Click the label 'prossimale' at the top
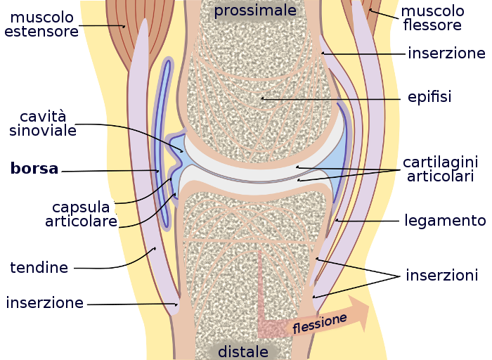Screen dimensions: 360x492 [255, 11]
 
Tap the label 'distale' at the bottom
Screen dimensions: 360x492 [243, 351]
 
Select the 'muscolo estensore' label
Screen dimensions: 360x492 [41, 24]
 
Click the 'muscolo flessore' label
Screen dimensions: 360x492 [433, 18]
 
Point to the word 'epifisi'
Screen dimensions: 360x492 [429, 97]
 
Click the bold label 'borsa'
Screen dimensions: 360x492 [34, 169]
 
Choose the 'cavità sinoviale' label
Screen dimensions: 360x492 [48, 123]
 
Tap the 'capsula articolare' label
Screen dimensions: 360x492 [81, 214]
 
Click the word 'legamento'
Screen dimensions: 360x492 [445, 221]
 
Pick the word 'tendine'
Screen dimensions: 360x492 [39, 268]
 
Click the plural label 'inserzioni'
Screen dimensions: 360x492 [441, 275]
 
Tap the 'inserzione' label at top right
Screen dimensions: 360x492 [446, 53]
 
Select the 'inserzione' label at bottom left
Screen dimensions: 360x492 [45, 303]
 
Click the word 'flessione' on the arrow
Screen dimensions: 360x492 [320, 323]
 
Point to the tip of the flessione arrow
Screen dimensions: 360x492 [368, 311]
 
